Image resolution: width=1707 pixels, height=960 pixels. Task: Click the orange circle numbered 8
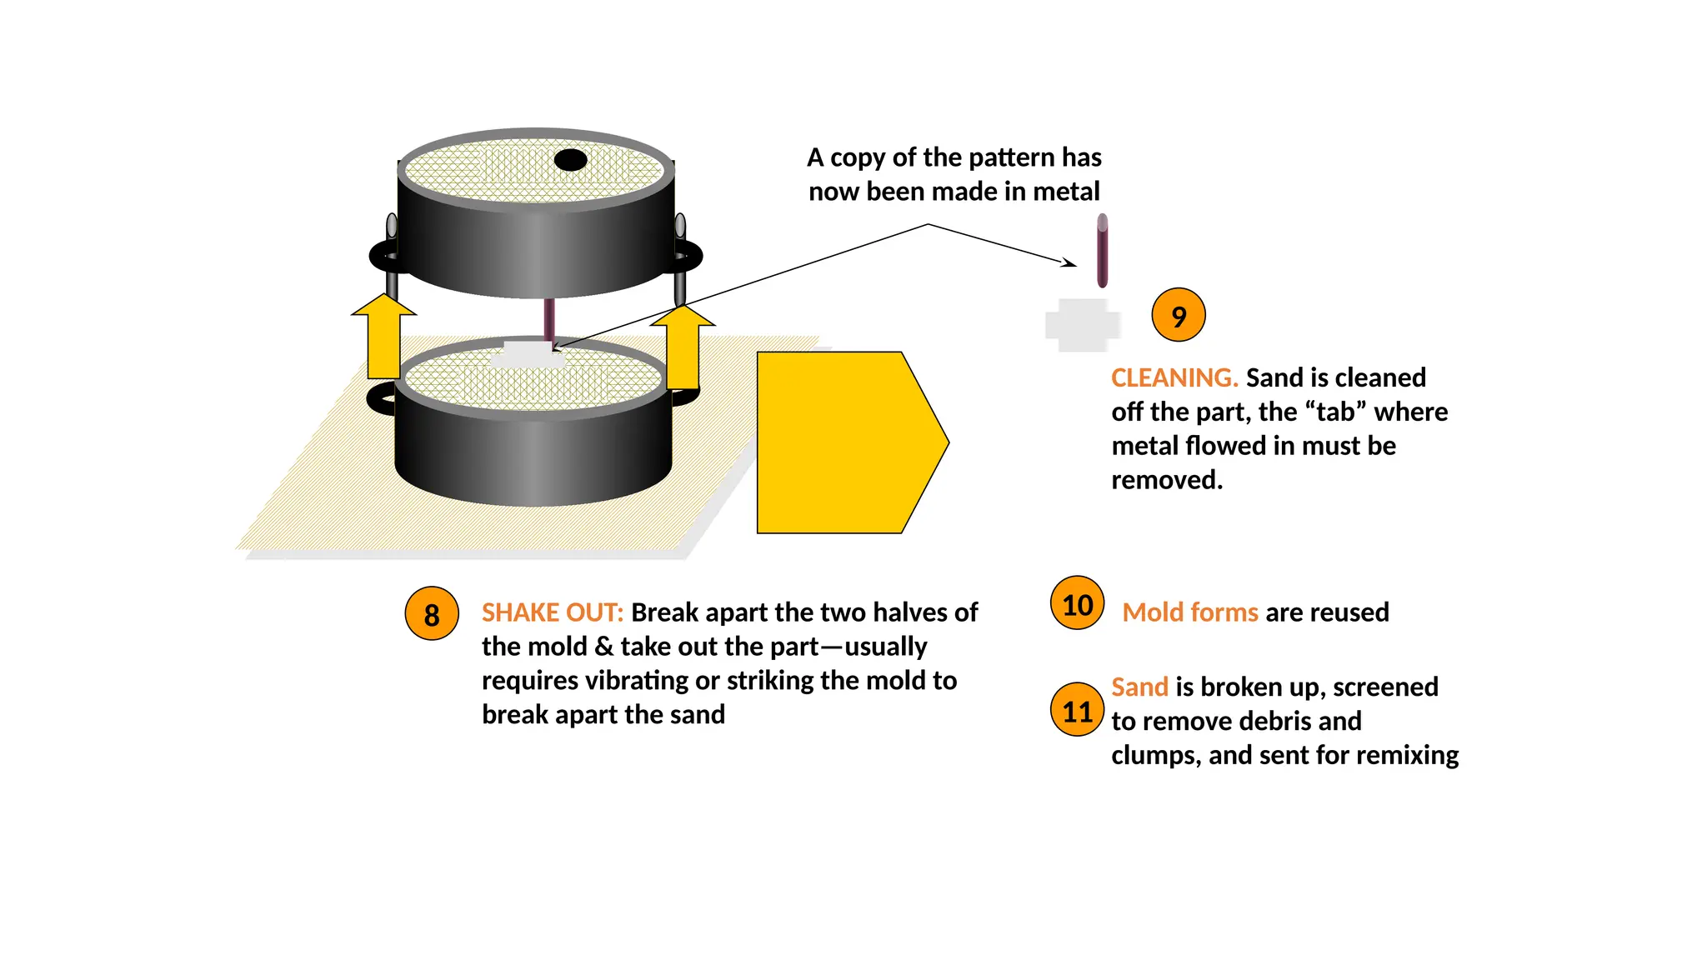[x=431, y=613]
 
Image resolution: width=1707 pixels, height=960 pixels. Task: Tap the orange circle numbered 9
[x=1178, y=315]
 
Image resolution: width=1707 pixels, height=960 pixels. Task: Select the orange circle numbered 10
[x=1077, y=602]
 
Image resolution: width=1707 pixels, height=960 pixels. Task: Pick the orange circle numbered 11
[x=1077, y=710]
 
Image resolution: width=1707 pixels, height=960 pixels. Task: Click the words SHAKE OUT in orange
[x=552, y=612]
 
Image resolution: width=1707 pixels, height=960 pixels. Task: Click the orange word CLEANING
[x=1174, y=377]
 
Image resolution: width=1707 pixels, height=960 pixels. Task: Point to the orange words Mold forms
[x=1189, y=612]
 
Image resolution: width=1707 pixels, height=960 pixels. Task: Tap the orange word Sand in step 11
[x=1139, y=687]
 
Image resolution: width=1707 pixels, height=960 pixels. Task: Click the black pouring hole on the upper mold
[x=570, y=159]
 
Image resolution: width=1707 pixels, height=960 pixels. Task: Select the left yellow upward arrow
[x=383, y=337]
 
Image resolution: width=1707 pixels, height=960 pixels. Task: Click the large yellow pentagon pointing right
[x=842, y=442]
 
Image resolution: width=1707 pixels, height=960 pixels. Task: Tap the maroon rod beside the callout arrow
[x=1102, y=250]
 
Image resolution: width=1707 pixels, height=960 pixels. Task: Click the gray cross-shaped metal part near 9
[x=1082, y=325]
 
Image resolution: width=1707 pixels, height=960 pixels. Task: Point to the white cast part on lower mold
[x=527, y=354]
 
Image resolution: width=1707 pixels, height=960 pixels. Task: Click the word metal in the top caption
[x=1066, y=192]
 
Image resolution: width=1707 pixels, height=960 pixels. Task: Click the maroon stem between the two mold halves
[x=549, y=318]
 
